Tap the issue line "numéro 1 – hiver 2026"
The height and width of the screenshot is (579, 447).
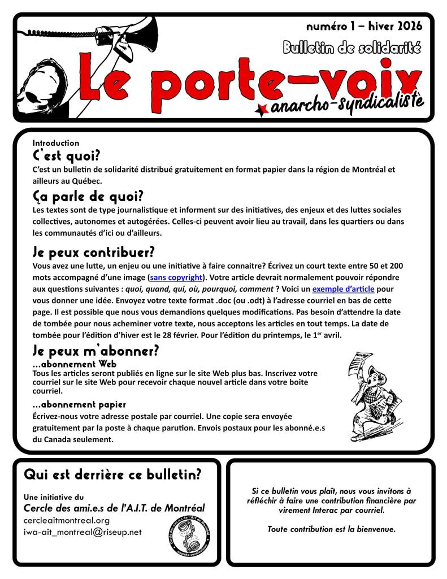click(363, 26)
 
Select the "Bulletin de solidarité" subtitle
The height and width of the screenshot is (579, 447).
click(352, 48)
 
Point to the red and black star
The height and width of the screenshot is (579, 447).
click(262, 109)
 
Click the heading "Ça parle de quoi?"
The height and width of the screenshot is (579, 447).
click(88, 197)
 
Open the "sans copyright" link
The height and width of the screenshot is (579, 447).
click(176, 278)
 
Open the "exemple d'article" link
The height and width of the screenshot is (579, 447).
click(345, 288)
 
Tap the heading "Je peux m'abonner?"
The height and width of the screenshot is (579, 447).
click(96, 351)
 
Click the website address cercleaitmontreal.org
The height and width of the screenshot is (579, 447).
click(67, 520)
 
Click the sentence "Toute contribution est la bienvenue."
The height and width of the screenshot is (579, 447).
click(332, 529)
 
